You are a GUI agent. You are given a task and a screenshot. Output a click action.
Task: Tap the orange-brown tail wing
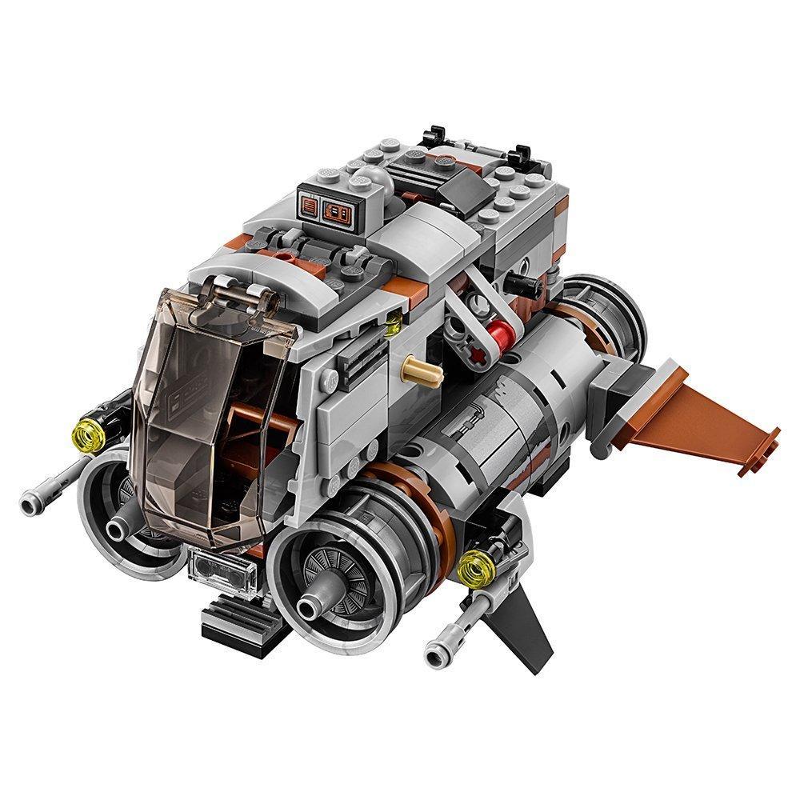(704, 424)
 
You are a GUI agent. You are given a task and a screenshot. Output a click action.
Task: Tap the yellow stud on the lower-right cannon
(474, 567)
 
